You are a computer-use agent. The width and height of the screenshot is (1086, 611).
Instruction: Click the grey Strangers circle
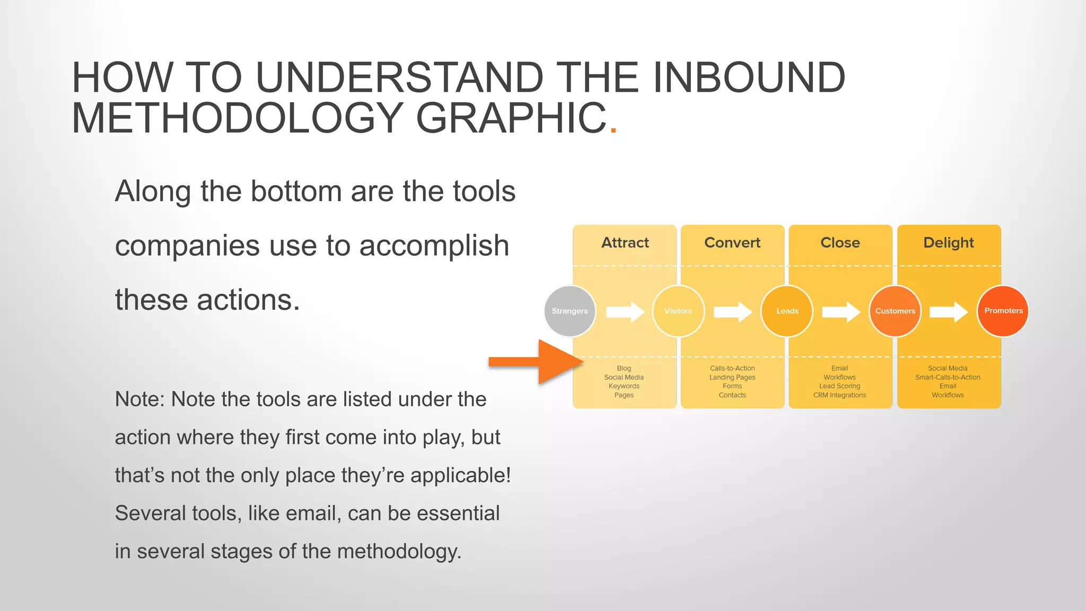click(570, 311)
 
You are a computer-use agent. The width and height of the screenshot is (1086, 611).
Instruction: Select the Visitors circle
click(678, 311)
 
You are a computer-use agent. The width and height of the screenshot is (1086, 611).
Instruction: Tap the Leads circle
click(787, 311)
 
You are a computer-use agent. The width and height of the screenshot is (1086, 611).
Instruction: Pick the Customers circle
click(895, 311)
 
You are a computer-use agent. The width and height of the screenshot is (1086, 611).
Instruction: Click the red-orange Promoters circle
click(1003, 311)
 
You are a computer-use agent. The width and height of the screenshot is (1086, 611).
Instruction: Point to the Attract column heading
click(625, 242)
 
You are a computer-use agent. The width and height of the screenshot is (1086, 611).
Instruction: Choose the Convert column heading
click(732, 242)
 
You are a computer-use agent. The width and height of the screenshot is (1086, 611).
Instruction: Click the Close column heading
click(840, 242)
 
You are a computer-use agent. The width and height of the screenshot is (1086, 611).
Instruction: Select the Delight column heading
click(948, 242)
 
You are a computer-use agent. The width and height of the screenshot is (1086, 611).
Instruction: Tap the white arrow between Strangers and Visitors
click(625, 312)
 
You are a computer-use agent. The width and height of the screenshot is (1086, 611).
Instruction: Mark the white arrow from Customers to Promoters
click(949, 312)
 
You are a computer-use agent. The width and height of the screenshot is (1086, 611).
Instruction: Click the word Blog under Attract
click(624, 368)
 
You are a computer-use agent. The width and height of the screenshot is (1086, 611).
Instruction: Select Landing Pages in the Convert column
click(732, 377)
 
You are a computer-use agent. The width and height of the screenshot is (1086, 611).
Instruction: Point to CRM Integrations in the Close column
click(839, 395)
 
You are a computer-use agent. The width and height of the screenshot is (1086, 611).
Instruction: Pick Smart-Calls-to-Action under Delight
click(948, 377)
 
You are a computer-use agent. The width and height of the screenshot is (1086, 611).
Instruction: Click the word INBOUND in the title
click(749, 78)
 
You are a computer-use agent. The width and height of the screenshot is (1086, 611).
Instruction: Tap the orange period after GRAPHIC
click(614, 129)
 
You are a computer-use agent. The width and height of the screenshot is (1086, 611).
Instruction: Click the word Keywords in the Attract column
click(624, 386)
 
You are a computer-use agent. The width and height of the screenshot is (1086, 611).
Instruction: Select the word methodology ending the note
click(399, 552)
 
